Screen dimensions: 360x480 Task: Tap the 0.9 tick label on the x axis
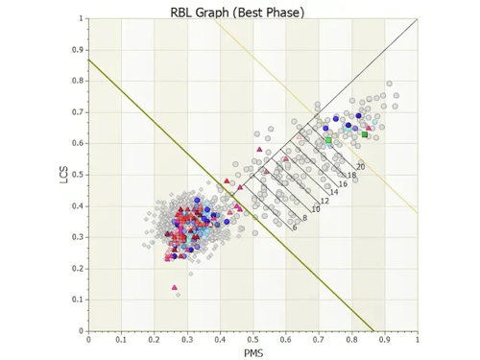pos(384,339)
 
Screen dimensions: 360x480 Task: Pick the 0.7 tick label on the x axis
pos(319,339)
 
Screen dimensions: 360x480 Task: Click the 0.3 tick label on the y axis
pos(79,237)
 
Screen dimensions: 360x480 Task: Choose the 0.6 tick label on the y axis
pos(79,143)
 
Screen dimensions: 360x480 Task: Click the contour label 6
pos(294,228)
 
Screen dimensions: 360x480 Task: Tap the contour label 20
pos(360,167)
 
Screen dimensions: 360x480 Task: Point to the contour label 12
pos(325,201)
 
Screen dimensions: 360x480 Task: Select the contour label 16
pos(343,183)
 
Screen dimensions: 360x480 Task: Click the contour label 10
pos(316,209)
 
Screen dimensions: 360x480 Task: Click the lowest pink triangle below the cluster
pos(175,286)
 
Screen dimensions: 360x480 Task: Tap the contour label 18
pos(351,175)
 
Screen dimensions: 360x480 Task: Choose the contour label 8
pos(304,219)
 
